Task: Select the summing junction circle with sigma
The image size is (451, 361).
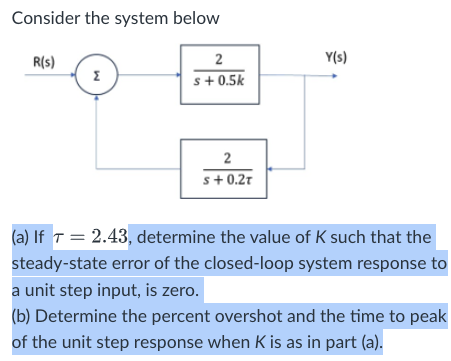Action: click(x=96, y=74)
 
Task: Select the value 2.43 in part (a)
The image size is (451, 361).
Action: click(x=110, y=237)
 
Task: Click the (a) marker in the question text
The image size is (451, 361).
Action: click(x=20, y=238)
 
